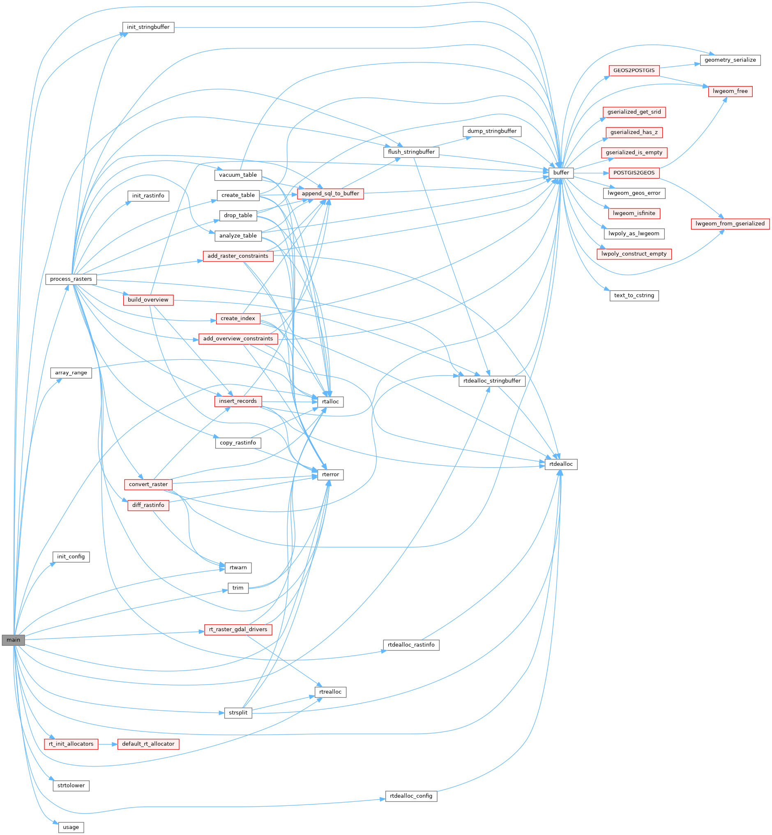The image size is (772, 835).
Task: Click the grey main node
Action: [14, 640]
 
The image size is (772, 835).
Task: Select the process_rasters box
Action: [71, 279]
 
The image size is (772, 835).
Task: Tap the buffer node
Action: [561, 173]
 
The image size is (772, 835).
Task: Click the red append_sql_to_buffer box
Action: [330, 194]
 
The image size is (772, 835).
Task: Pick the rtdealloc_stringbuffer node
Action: [492, 381]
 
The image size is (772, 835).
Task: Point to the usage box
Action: [71, 827]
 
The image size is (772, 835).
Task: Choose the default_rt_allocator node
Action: [148, 743]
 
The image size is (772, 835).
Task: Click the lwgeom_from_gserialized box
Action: [730, 223]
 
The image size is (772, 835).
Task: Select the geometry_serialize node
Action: [730, 60]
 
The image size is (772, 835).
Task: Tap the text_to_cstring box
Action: [634, 295]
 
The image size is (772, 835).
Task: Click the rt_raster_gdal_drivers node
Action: [238, 629]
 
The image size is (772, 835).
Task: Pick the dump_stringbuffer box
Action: [492, 131]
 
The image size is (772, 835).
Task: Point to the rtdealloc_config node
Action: [411, 796]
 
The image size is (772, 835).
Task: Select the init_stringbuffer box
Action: [148, 27]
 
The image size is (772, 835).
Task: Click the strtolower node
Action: [71, 785]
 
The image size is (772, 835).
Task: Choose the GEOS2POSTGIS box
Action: [634, 70]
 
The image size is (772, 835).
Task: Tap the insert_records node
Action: [238, 401]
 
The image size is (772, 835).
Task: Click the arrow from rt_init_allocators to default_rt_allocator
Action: [108, 743]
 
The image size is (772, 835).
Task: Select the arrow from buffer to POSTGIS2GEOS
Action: [591, 173]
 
